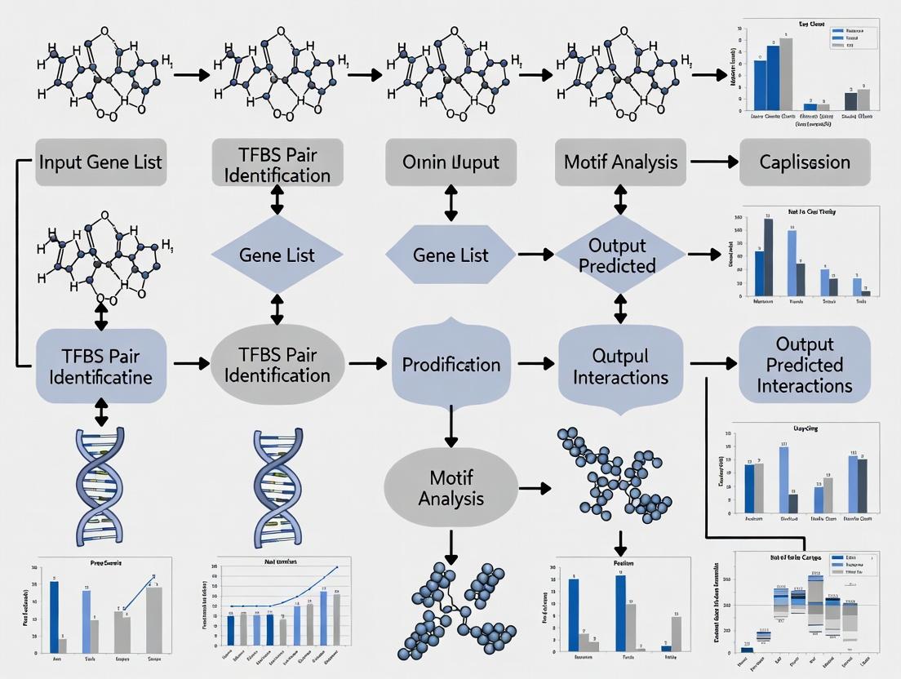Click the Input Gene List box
coord(100,161)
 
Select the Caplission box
coord(805,162)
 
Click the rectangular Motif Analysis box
coord(620,161)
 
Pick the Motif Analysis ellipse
coord(451,487)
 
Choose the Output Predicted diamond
coord(620,255)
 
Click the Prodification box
coord(451,364)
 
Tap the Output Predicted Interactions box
coord(804,365)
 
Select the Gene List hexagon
coord(450,255)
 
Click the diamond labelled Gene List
coord(277,255)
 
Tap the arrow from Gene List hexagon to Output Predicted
coord(535,255)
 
